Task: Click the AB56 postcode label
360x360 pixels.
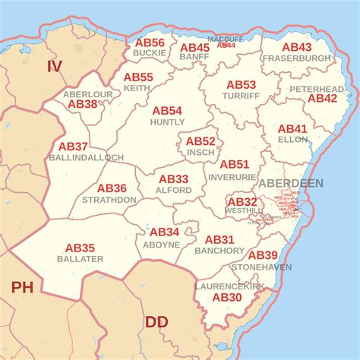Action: coord(149,43)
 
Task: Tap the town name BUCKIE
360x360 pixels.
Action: coord(149,53)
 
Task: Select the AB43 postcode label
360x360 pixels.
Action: coord(297,47)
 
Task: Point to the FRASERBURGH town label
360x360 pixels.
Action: coord(297,58)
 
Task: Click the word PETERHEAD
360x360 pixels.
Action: coord(316,89)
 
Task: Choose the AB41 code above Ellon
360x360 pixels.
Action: coord(292,129)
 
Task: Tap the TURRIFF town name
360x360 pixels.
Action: coord(241,96)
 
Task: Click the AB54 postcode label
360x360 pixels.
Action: coord(167,111)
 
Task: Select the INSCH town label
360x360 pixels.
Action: coord(201,152)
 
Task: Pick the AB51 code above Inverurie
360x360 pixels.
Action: coord(234,164)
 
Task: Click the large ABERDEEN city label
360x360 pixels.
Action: coord(290,184)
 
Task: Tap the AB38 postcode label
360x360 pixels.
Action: coord(83,104)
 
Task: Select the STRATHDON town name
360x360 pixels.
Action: coord(110,200)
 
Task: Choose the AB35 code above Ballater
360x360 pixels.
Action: coord(80,248)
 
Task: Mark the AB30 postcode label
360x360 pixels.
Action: coord(227,297)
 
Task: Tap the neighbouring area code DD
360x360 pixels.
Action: coord(156,322)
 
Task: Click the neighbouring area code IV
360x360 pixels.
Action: coord(54,67)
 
